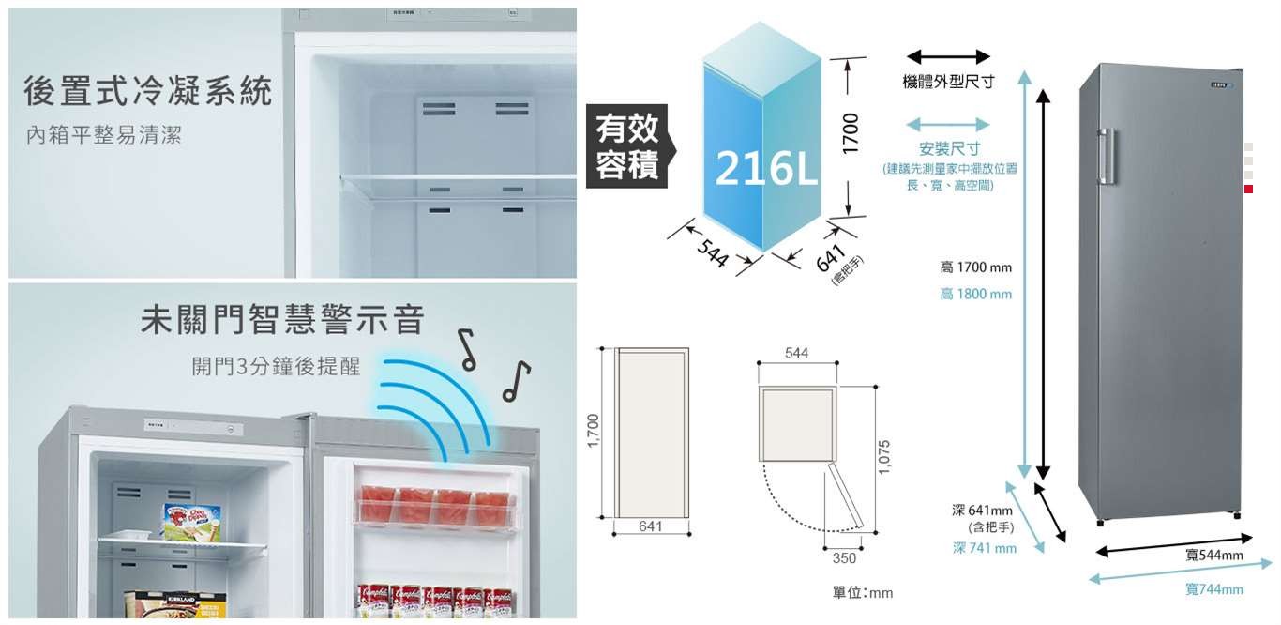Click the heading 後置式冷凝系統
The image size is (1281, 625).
(x=148, y=92)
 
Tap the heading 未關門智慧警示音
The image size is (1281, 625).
(x=282, y=320)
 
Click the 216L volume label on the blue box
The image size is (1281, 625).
(x=765, y=167)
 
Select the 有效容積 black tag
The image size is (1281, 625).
(x=626, y=146)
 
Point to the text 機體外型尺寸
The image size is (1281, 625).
(x=948, y=84)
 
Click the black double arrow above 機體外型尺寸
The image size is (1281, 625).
(x=948, y=57)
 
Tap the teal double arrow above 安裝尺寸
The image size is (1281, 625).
(x=948, y=125)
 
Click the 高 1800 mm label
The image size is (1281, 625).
(x=975, y=295)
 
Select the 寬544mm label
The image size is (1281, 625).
(x=1213, y=556)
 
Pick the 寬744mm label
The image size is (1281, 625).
(x=1213, y=589)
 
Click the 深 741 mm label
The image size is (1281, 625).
(x=984, y=548)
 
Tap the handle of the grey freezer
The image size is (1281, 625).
(x=1107, y=156)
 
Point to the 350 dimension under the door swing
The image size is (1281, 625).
(x=843, y=558)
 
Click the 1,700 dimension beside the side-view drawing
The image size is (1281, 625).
(x=593, y=432)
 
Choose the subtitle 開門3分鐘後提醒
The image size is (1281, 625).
(x=276, y=366)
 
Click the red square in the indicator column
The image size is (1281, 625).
(x=1248, y=190)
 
